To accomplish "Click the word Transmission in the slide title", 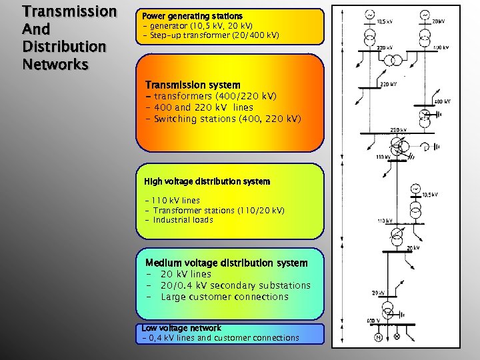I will pyautogui.click(x=69, y=12).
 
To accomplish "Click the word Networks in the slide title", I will pyautogui.click(x=55, y=65).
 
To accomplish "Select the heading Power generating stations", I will pyautogui.click(x=192, y=15).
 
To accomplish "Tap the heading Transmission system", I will pyautogui.click(x=193, y=85).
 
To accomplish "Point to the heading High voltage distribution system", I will pyautogui.click(x=207, y=181).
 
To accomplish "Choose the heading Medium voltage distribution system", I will pyautogui.click(x=226, y=263).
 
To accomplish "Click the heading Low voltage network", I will pyautogui.click(x=181, y=328).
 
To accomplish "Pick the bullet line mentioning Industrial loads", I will pyautogui.click(x=183, y=220).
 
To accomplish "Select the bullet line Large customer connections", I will pyautogui.click(x=225, y=297).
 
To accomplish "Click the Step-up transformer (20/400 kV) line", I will pyautogui.click(x=211, y=35).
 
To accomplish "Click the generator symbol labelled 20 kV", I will pyautogui.click(x=425, y=15).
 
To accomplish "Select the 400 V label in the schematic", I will pyautogui.click(x=374, y=321).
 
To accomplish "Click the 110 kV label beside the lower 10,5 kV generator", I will pyautogui.click(x=385, y=221).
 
